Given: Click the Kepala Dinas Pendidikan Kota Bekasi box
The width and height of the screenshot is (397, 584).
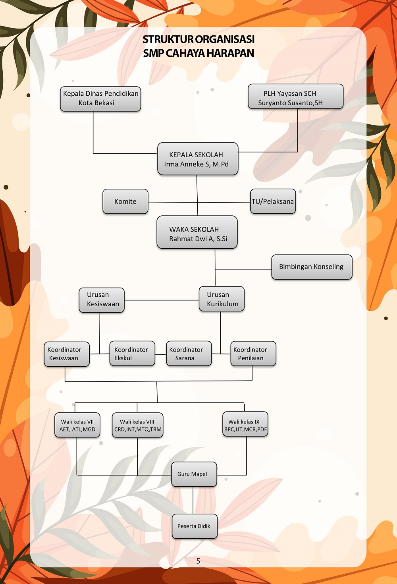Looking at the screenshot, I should click(x=100, y=99).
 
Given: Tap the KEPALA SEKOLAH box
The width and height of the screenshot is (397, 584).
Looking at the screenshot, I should click(x=198, y=159).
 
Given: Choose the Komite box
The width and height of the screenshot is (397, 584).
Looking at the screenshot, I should click(x=125, y=201).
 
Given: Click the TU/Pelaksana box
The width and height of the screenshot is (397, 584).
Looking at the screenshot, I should click(x=273, y=201).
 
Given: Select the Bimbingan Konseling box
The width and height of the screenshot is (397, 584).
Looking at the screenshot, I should click(x=312, y=267).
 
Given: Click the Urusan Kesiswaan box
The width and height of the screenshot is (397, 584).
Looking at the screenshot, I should click(x=102, y=300).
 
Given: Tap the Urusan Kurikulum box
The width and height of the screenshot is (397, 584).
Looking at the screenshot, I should click(x=222, y=299).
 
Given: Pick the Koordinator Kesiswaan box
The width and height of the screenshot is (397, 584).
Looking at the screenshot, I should click(x=67, y=354).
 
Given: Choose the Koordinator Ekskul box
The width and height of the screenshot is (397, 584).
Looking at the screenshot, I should click(x=132, y=353).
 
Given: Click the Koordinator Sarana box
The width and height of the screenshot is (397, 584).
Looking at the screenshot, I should click(x=189, y=353).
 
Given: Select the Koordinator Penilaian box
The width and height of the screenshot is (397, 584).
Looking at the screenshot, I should click(x=253, y=353).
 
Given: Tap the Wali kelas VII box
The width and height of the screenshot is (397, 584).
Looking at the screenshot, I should click(x=77, y=425).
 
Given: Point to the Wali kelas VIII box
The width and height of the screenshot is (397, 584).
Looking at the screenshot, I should click(x=138, y=425).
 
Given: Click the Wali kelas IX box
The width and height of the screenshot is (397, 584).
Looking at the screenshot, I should click(x=245, y=424).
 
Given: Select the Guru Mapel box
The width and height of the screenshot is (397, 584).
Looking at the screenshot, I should click(x=194, y=474).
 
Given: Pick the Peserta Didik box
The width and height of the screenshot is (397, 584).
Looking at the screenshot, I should click(x=195, y=526).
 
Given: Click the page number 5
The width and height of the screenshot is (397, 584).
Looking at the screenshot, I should click(x=198, y=561).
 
